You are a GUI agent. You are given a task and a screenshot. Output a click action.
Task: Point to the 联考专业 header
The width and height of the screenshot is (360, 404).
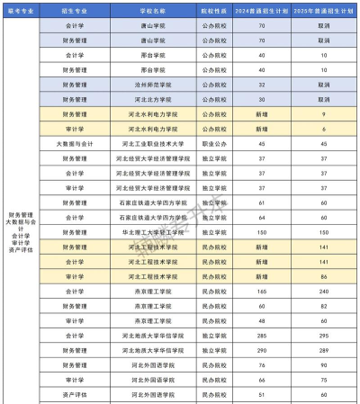21,12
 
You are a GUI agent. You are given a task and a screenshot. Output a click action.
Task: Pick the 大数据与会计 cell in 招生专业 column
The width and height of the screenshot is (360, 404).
76,143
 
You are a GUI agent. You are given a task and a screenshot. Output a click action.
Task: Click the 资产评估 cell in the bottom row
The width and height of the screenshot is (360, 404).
76,394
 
